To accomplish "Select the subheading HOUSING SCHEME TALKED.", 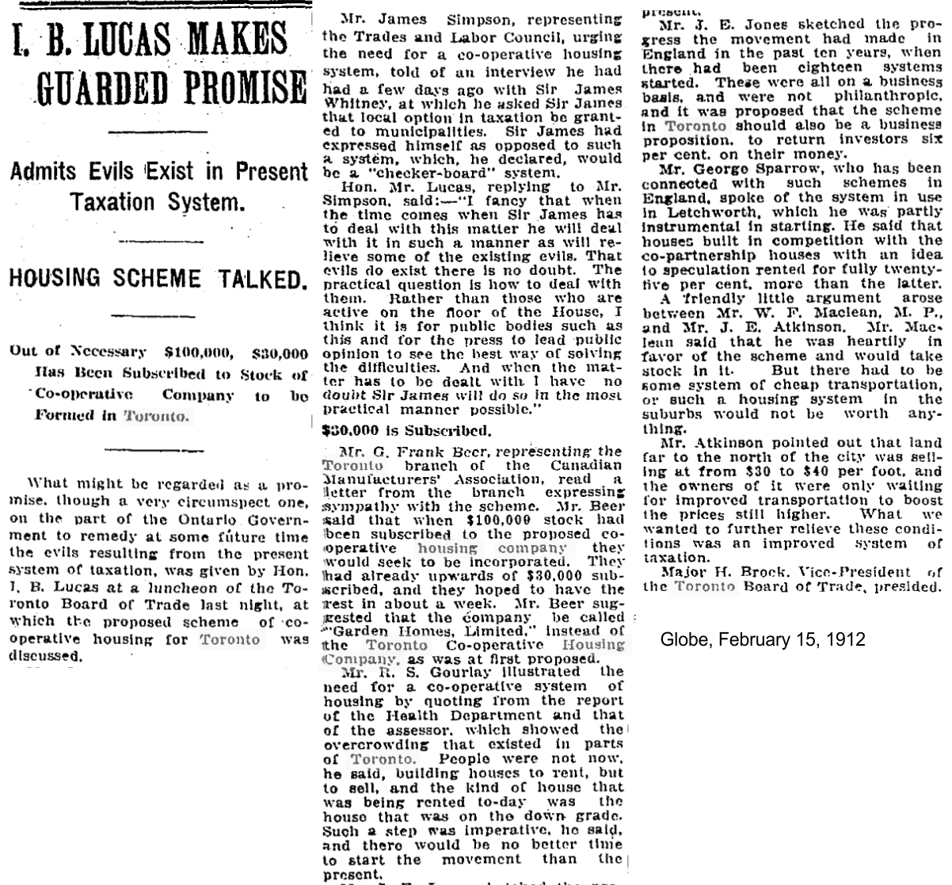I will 154,279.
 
